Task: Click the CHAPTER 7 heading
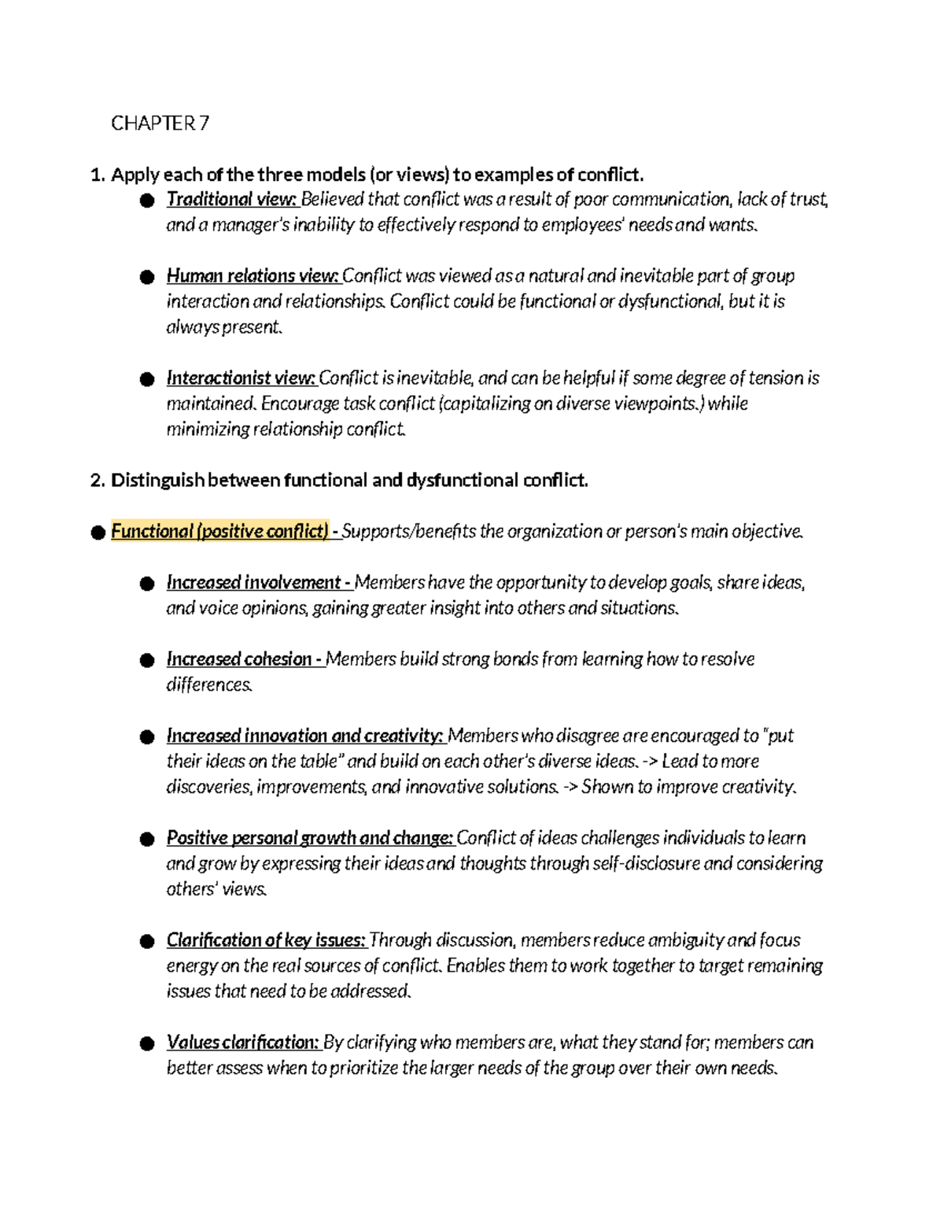(160, 124)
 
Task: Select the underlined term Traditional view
(230, 200)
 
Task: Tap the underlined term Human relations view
(252, 276)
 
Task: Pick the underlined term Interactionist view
(241, 378)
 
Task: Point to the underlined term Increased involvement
(256, 583)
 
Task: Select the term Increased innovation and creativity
(304, 737)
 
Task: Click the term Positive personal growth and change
(309, 839)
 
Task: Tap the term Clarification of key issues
(266, 941)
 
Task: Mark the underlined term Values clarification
(242, 1043)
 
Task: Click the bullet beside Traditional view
(146, 201)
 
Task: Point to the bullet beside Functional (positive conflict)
(98, 533)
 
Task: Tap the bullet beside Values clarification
(146, 1044)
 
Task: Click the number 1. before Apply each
(98, 175)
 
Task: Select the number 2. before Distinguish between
(98, 481)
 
